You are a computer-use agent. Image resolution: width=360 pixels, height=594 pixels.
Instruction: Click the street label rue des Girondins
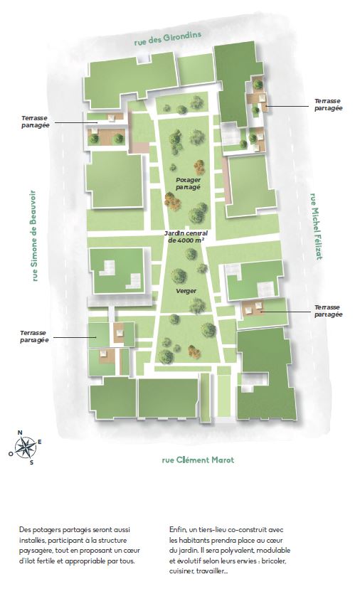coord(167,38)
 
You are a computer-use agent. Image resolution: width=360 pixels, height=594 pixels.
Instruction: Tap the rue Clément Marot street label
coord(198,460)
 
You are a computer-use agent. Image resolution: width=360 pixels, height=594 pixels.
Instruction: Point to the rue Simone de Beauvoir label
coord(34,235)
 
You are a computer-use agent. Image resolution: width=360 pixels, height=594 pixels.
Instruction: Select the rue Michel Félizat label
coord(316,226)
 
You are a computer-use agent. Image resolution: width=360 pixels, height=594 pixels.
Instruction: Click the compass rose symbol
coord(26,447)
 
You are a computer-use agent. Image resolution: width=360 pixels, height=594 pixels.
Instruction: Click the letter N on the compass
coord(20,433)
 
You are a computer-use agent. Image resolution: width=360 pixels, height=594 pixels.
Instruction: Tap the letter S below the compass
coord(32,462)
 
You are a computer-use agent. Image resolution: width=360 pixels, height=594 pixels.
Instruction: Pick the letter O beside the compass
coord(11,453)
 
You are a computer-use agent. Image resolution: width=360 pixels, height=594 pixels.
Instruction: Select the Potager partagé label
coord(189,184)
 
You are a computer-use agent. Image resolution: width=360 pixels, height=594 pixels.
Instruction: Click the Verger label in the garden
coord(186,291)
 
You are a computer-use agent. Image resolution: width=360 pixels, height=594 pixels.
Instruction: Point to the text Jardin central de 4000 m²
coord(186,237)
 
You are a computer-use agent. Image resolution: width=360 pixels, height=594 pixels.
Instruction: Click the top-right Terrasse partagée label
coord(328,105)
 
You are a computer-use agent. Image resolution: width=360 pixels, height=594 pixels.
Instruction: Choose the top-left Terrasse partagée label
coord(36,122)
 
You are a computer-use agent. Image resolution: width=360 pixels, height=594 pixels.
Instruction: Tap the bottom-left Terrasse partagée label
coord(34,336)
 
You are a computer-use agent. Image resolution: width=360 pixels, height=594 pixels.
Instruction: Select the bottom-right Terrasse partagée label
coord(328,311)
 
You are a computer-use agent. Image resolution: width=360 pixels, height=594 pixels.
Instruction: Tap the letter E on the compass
coord(40,442)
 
